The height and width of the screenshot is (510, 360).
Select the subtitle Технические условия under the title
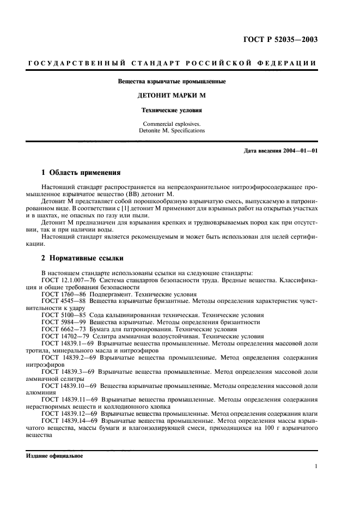pos(172,110)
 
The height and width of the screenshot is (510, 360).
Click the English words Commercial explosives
pos(172,124)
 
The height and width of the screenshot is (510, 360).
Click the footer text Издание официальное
pos(54,456)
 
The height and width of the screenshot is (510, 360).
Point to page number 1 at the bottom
pos(316,466)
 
